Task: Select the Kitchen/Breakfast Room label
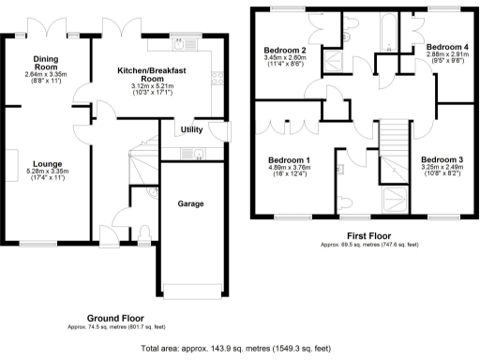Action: tap(154, 76)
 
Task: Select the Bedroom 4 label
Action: tap(441, 46)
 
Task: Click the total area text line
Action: tap(239, 349)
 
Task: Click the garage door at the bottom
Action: tap(193, 288)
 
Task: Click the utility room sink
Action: tap(198, 153)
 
